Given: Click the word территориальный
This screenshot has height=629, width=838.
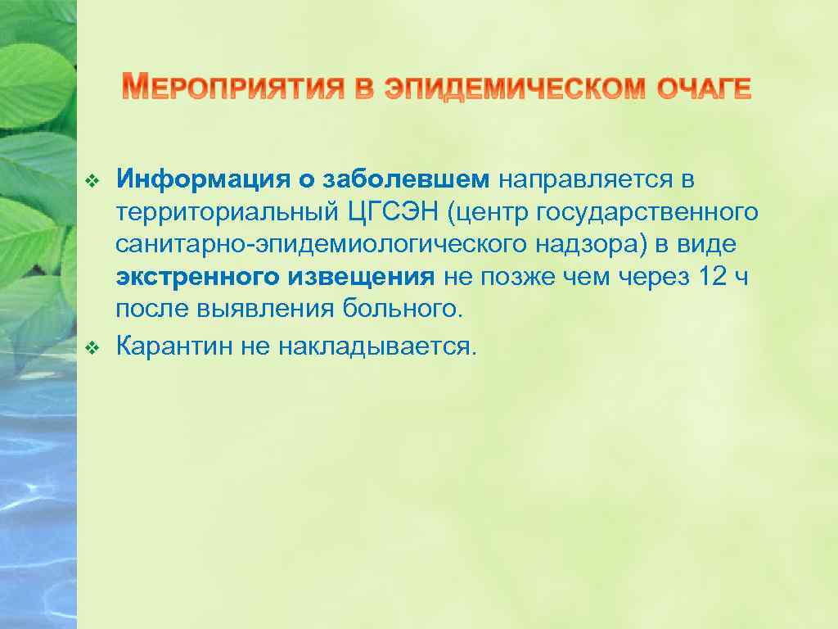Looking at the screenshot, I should (x=224, y=212).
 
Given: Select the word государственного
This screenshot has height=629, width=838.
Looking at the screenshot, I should (x=647, y=213).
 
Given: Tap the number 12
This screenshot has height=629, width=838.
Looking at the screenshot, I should (x=712, y=278).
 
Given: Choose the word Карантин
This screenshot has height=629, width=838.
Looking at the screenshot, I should (x=174, y=346).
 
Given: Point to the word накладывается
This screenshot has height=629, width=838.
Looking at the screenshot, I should (x=376, y=346).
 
